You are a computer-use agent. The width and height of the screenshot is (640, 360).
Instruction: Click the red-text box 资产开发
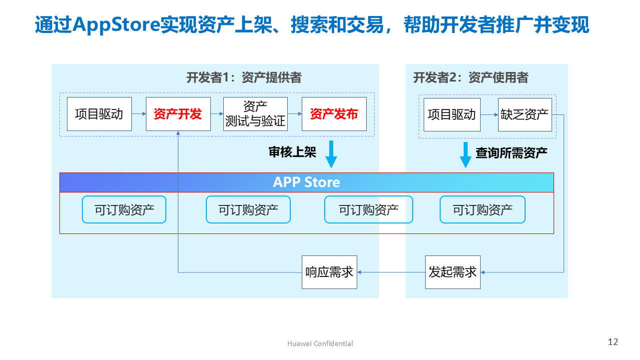[x=178, y=114]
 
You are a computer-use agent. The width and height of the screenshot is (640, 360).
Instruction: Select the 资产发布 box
[x=334, y=114]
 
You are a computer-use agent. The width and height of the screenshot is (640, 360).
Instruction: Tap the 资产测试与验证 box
[x=255, y=114]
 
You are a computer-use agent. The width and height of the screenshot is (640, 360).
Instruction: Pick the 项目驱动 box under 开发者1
[x=99, y=114]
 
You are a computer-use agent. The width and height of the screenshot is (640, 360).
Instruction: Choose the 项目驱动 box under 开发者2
[x=452, y=115]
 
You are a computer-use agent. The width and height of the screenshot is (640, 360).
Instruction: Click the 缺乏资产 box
[x=525, y=115]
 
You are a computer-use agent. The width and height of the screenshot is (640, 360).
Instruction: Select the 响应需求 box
[x=329, y=272]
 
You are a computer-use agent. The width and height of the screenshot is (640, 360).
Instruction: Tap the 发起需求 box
[x=453, y=272]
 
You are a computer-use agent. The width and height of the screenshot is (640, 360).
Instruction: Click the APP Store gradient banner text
[x=306, y=182]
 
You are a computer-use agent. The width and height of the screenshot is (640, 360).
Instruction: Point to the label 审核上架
[x=293, y=152]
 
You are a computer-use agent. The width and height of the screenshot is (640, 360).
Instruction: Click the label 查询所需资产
[x=511, y=153]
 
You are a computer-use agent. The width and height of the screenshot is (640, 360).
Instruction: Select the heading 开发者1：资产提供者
[x=244, y=77]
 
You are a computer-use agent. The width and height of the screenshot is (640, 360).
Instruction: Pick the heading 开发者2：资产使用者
[x=471, y=77]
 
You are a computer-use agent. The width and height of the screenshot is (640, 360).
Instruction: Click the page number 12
[x=613, y=342]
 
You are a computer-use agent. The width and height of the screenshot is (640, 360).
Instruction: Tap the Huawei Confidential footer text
[x=320, y=343]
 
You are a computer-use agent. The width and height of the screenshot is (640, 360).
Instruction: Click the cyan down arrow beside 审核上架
[x=331, y=154]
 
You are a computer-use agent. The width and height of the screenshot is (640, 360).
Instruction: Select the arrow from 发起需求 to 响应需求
[x=391, y=272]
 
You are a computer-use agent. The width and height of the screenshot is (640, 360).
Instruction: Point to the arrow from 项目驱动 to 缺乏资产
[x=489, y=115]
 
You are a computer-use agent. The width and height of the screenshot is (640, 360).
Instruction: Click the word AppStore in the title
[x=116, y=24]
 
